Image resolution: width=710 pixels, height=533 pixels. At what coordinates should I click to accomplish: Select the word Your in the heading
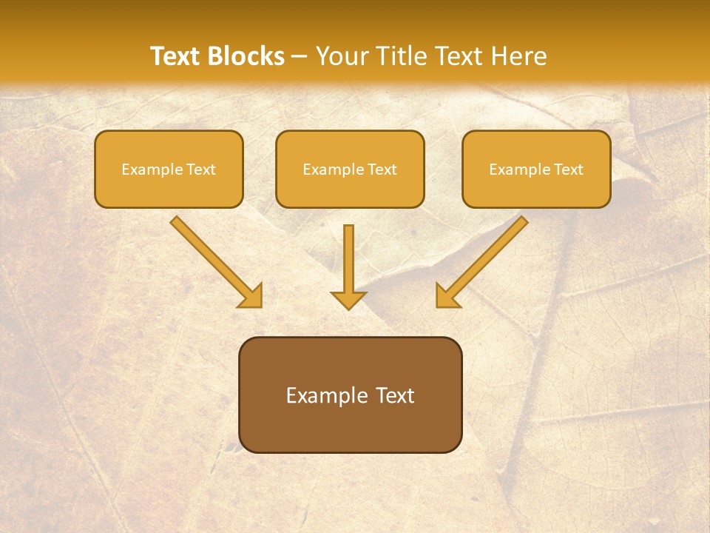click(x=344, y=56)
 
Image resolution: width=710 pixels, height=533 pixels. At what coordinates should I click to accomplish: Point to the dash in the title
click(x=300, y=56)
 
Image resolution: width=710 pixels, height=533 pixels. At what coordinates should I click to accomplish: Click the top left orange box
click(x=169, y=169)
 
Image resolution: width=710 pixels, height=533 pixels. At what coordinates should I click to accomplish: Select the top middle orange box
click(x=350, y=169)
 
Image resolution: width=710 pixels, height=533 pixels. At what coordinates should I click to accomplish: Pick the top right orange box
click(x=536, y=169)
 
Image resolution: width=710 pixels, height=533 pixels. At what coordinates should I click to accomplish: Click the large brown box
click(x=350, y=395)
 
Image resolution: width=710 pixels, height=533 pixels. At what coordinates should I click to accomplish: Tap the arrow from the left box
click(x=214, y=260)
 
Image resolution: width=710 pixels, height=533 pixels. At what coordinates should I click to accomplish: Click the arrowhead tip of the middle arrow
click(x=348, y=306)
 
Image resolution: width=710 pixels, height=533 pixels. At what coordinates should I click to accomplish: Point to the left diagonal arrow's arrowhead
click(x=252, y=296)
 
